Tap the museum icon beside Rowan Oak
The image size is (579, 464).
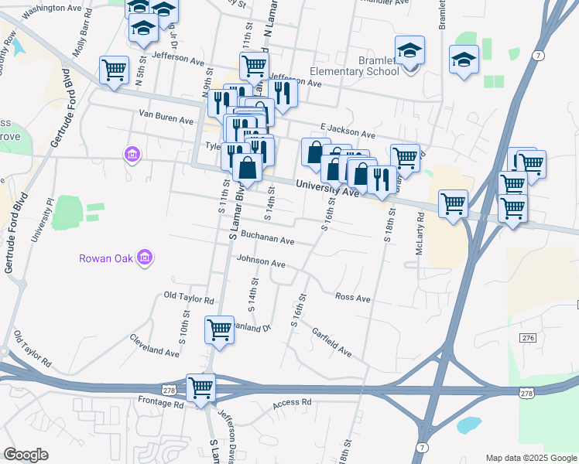pos(145,258)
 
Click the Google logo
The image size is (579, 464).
pos(26,454)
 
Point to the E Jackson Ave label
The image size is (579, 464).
pos(346,128)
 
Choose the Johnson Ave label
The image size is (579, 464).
pos(262,262)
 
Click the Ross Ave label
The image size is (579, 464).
pos(353,298)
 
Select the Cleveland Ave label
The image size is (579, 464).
pos(154,345)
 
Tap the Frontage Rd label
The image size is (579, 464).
pos(163,404)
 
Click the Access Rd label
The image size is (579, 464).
pos(292,403)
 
